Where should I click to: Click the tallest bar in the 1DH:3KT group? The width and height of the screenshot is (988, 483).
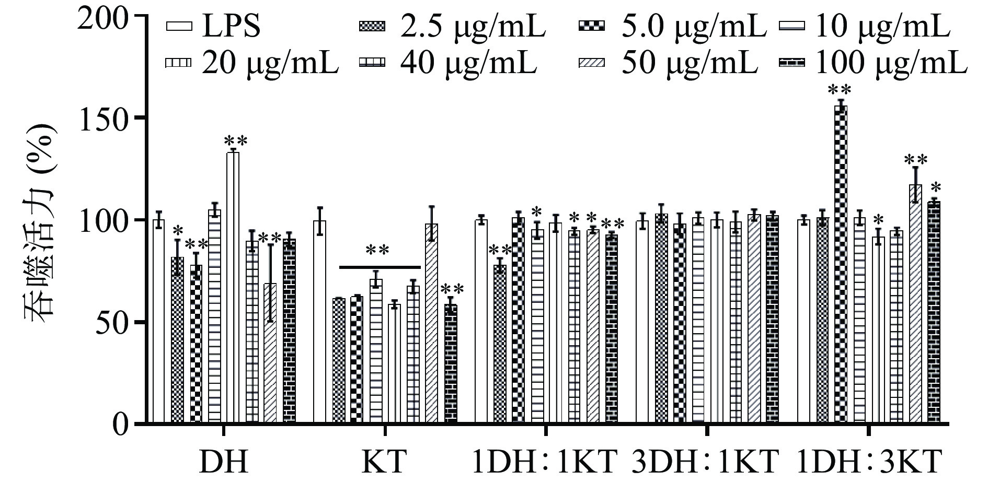(841, 264)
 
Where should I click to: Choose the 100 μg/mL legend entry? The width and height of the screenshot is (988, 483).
(872, 63)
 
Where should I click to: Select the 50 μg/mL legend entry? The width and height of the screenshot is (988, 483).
(670, 63)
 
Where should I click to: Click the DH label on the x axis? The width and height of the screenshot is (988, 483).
(223, 463)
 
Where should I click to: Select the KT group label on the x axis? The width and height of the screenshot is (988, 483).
(384, 463)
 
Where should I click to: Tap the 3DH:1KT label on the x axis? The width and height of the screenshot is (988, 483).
(706, 463)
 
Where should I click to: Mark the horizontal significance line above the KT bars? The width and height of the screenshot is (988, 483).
(380, 267)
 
